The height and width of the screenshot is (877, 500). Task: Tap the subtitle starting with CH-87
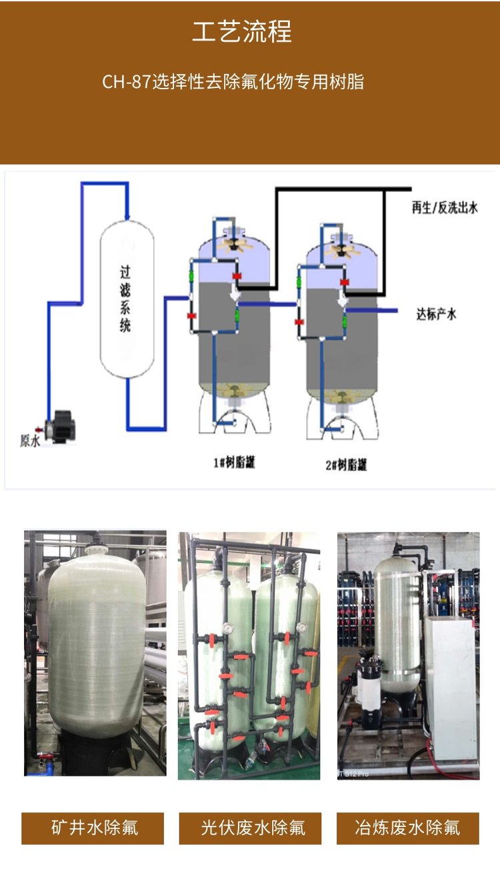click(233, 82)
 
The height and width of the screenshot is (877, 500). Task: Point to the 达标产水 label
click(437, 314)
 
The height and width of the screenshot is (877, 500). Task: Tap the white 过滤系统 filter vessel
click(127, 298)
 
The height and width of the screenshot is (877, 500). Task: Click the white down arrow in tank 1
click(234, 295)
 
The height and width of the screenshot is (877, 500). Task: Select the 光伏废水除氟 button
click(251, 828)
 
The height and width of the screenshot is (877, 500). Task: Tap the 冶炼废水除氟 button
click(407, 828)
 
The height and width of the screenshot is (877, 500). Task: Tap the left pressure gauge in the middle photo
click(228, 627)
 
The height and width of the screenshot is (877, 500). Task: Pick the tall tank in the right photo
click(397, 633)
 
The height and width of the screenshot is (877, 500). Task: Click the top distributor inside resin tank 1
click(234, 245)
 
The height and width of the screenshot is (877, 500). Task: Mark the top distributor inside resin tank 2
click(343, 249)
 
